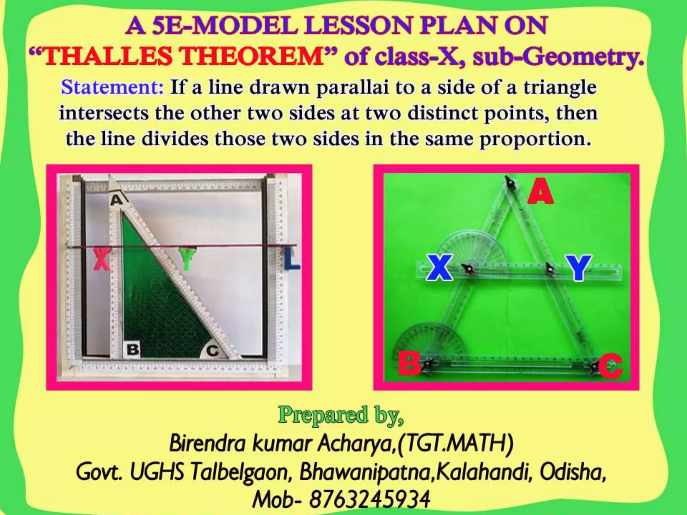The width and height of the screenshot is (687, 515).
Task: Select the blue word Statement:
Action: click(x=112, y=88)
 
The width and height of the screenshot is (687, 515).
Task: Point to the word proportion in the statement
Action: click(x=535, y=139)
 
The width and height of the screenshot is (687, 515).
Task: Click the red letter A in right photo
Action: click(x=540, y=191)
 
